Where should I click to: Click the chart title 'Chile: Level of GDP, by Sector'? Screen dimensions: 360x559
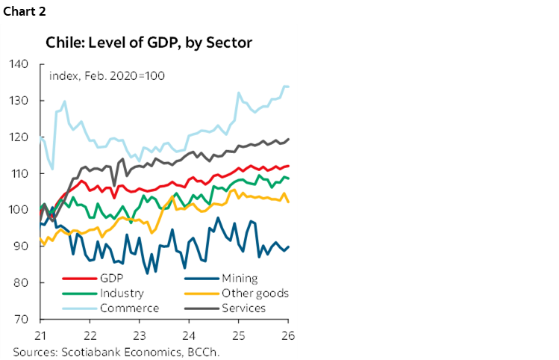click(x=149, y=43)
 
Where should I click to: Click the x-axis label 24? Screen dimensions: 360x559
click(x=190, y=334)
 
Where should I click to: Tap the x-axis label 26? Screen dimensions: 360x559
click(x=288, y=334)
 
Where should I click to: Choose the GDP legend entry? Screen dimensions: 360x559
click(x=111, y=279)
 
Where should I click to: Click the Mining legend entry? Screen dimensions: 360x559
click(x=240, y=279)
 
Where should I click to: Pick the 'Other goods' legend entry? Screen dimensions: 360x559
click(x=254, y=294)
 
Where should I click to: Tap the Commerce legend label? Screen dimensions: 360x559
click(x=128, y=308)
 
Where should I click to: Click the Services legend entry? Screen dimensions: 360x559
click(x=243, y=308)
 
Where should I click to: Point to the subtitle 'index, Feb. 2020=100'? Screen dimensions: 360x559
click(x=107, y=76)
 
